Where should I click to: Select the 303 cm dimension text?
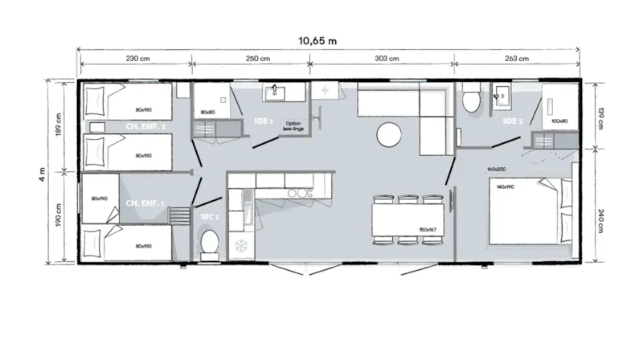click(387, 59)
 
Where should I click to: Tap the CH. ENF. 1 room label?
click(145, 204)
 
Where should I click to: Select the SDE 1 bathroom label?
click(264, 121)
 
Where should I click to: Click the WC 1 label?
click(208, 217)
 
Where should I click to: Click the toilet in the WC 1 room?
click(209, 243)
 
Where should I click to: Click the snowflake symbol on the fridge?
click(240, 245)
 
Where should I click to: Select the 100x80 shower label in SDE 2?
click(559, 121)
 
